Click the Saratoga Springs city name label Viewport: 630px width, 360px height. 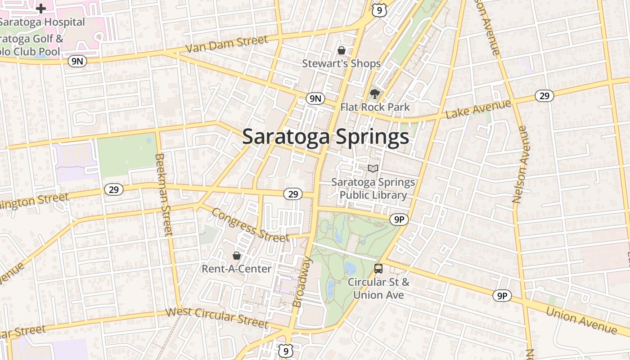pyautogui.click(x=326, y=137)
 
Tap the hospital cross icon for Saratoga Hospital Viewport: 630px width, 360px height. pyautogui.click(x=41, y=9)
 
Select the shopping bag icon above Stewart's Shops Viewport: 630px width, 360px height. pyautogui.click(x=342, y=50)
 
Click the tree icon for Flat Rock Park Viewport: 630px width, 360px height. pyautogui.click(x=374, y=94)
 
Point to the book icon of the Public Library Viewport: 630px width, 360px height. pyautogui.click(x=373, y=168)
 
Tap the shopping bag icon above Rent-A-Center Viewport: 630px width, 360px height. pyautogui.click(x=236, y=256)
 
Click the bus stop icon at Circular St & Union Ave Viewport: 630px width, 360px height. pyautogui.click(x=378, y=269)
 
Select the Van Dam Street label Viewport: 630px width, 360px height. pyautogui.click(x=227, y=44)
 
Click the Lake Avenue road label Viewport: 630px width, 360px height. pyautogui.click(x=478, y=109)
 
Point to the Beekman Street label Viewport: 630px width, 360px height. pyautogui.click(x=163, y=194)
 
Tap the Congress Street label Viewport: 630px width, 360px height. pyautogui.click(x=250, y=225)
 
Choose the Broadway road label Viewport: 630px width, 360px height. pyautogui.click(x=302, y=282)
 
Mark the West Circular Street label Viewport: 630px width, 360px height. pyautogui.click(x=217, y=317)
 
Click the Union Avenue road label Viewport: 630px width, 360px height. pyautogui.click(x=581, y=320)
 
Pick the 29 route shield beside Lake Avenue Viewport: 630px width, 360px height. pyautogui.click(x=544, y=95)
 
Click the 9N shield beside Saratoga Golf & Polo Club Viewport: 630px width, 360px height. pyautogui.click(x=77, y=61)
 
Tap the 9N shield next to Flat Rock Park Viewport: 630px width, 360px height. pyautogui.click(x=315, y=99)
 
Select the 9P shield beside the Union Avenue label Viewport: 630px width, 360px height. pyautogui.click(x=502, y=296)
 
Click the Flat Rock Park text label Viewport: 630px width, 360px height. pyautogui.click(x=375, y=107)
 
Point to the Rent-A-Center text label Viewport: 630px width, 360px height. pyautogui.click(x=236, y=269)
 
